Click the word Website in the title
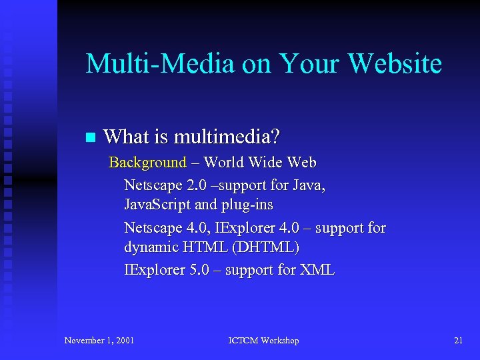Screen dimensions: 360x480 tap(395, 64)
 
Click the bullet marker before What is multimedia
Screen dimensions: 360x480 tap(91, 138)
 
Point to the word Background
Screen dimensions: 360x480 tap(147, 163)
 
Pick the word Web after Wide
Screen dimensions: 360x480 tap(301, 163)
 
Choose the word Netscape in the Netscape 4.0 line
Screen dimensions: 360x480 tap(153, 228)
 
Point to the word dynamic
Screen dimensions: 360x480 tap(149, 247)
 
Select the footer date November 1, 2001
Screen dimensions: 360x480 tap(99, 341)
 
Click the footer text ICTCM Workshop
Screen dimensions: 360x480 tap(263, 341)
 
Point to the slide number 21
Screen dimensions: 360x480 tap(458, 341)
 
